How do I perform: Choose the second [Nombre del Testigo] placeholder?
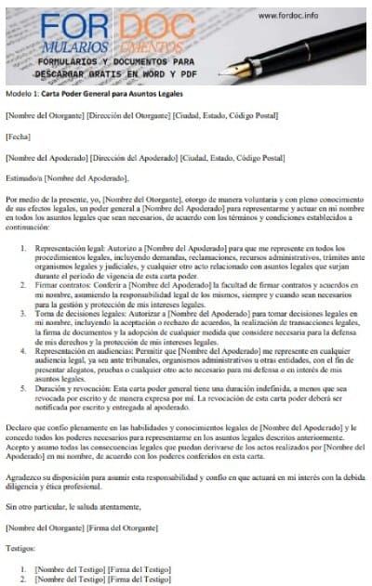coord(68,579)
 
